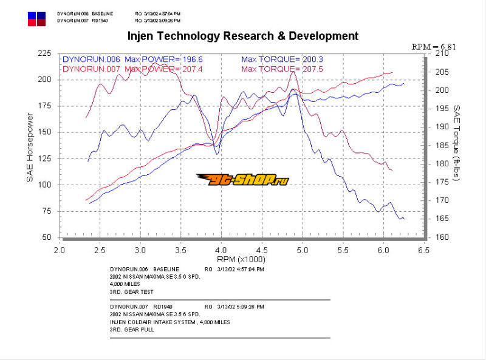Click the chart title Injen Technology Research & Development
[x=243, y=36]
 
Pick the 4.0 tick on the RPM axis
[x=221, y=250]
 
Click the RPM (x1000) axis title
[x=241, y=259]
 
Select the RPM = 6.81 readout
[x=433, y=46]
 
